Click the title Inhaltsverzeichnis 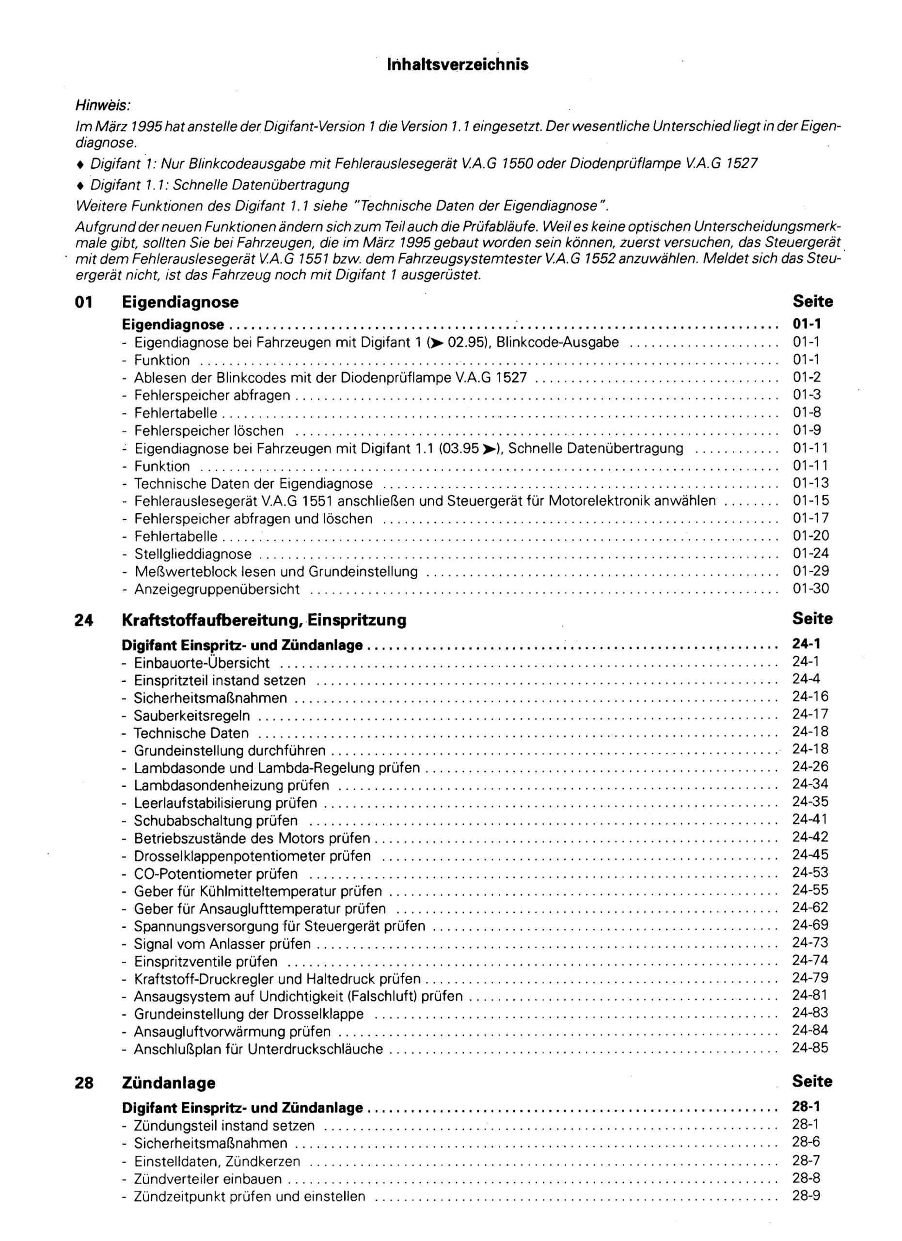tap(457, 64)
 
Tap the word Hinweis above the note tap(103, 104)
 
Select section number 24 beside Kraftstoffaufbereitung tap(84, 620)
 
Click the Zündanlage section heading tap(169, 1082)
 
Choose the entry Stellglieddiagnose tap(193, 554)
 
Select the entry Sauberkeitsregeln tap(192, 715)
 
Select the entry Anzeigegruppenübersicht tap(217, 589)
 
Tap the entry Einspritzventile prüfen tap(206, 961)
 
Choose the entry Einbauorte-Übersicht tap(202, 663)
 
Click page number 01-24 tap(811, 553)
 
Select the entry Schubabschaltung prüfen tap(216, 820)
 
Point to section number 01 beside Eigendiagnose tap(84, 302)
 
